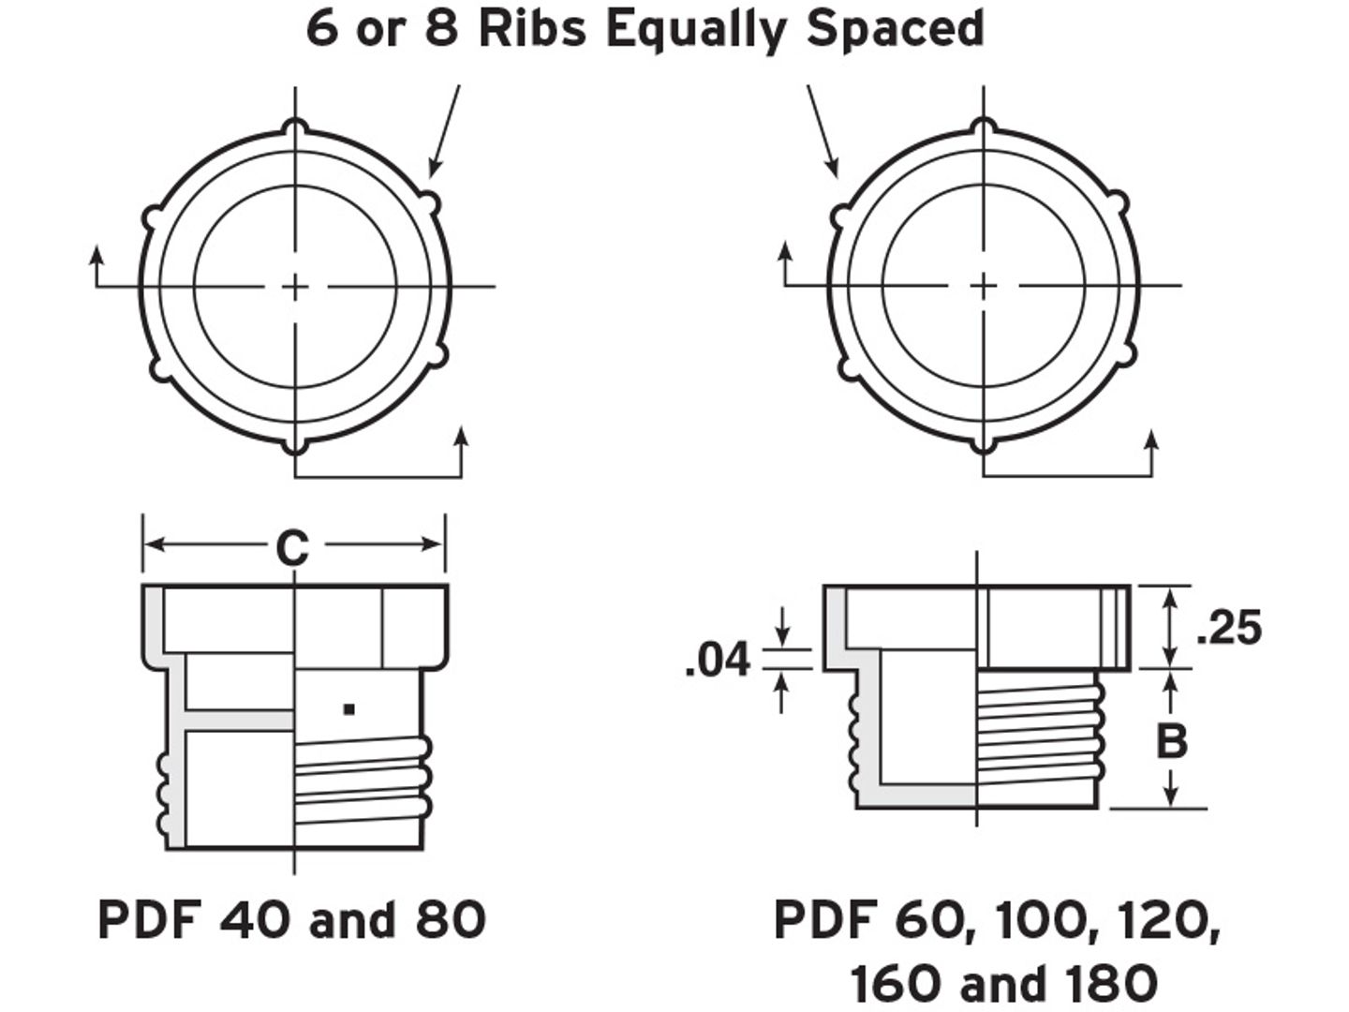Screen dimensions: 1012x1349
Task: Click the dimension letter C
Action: pos(292,548)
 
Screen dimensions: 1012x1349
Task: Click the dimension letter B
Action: pos(1171,740)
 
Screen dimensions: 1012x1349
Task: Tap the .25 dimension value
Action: pos(1229,628)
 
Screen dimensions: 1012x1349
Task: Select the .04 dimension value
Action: pos(718,660)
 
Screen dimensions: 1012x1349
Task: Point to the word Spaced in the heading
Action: pos(896,28)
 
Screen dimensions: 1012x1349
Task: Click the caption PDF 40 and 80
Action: pos(292,919)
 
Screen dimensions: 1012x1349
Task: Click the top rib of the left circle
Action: pos(296,126)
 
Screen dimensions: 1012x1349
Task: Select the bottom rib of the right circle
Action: pos(983,444)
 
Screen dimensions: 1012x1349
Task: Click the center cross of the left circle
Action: pos(296,286)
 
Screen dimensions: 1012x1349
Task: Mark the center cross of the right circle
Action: pos(983,285)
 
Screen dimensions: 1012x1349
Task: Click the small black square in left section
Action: pos(348,709)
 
